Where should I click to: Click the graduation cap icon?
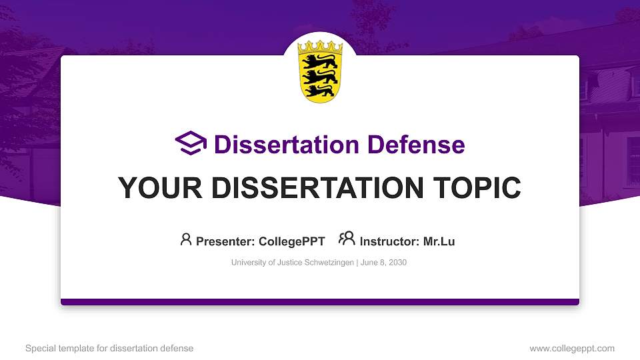[x=191, y=143]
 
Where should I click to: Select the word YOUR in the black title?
[x=153, y=188]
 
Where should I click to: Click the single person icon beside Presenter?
[x=186, y=239]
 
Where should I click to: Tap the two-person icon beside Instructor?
[x=347, y=239]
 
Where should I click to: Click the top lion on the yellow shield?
[x=319, y=61]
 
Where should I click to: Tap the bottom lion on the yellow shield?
[x=319, y=89]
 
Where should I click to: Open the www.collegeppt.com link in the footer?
[x=572, y=348]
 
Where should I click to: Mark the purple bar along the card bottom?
[x=320, y=302]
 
